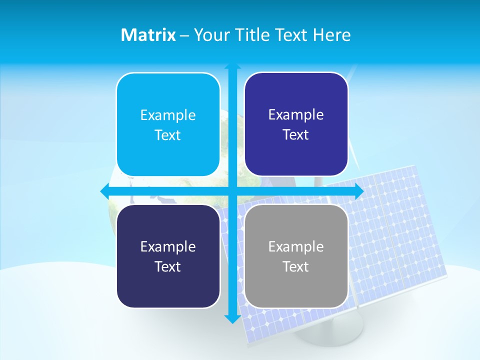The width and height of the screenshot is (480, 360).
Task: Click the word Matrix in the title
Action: click(x=148, y=35)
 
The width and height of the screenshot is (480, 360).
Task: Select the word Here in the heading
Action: click(x=332, y=35)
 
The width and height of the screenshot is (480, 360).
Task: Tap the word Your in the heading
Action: click(x=211, y=35)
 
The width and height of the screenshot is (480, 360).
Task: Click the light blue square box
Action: click(x=168, y=124)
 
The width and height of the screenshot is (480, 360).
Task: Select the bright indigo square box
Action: click(x=296, y=124)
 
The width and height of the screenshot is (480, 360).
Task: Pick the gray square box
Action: click(x=296, y=256)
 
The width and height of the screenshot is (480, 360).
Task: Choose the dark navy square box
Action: click(x=168, y=256)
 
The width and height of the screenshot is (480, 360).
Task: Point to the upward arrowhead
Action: click(x=232, y=66)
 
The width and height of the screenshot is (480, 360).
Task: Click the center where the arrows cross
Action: click(x=232, y=191)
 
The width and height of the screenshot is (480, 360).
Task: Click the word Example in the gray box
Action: click(x=296, y=246)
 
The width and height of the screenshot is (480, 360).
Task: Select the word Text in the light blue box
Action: click(x=168, y=135)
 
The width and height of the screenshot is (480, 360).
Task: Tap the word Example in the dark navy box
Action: click(x=168, y=246)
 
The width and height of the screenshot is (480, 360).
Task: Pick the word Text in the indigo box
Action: click(x=296, y=135)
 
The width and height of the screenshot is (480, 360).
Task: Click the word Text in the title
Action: click(x=291, y=35)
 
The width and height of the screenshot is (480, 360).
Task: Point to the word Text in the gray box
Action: click(x=296, y=266)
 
